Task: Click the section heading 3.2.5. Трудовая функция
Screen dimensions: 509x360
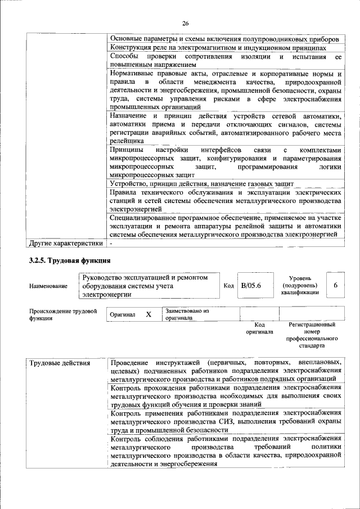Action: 70,260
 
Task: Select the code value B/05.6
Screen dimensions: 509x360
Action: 251,286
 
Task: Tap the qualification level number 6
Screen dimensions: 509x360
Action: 335,286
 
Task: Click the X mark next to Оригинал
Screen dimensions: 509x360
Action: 148,314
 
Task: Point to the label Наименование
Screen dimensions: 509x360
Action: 47,286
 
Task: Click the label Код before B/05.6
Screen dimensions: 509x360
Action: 228,286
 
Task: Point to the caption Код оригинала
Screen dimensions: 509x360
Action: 259,328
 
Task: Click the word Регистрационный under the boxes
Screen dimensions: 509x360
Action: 312,325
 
